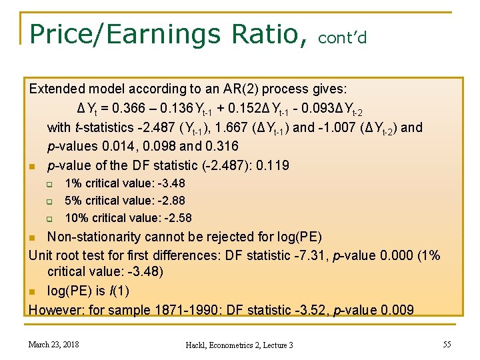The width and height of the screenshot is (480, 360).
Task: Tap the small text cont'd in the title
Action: pos(343,38)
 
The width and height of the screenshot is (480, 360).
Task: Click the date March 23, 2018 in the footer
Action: pos(53,344)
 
